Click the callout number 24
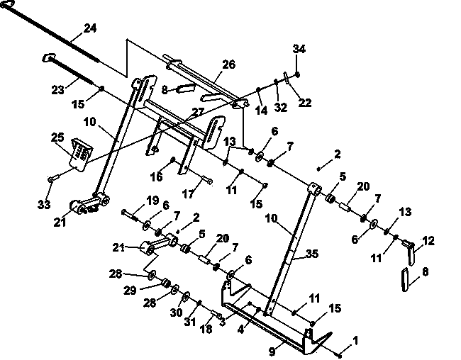[x=90, y=28]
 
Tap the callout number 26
[x=229, y=64]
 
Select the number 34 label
[x=299, y=49]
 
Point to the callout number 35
[x=312, y=254]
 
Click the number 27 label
[x=198, y=112]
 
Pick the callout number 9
[x=272, y=351]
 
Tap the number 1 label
[x=355, y=341]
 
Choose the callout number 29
[x=130, y=291]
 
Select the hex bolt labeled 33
[x=52, y=179]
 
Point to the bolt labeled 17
[x=207, y=180]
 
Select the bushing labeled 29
[x=167, y=283]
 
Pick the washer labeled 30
[x=187, y=296]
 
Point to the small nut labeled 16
[x=173, y=159]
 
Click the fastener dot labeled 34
[x=297, y=74]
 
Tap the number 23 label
[x=57, y=90]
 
